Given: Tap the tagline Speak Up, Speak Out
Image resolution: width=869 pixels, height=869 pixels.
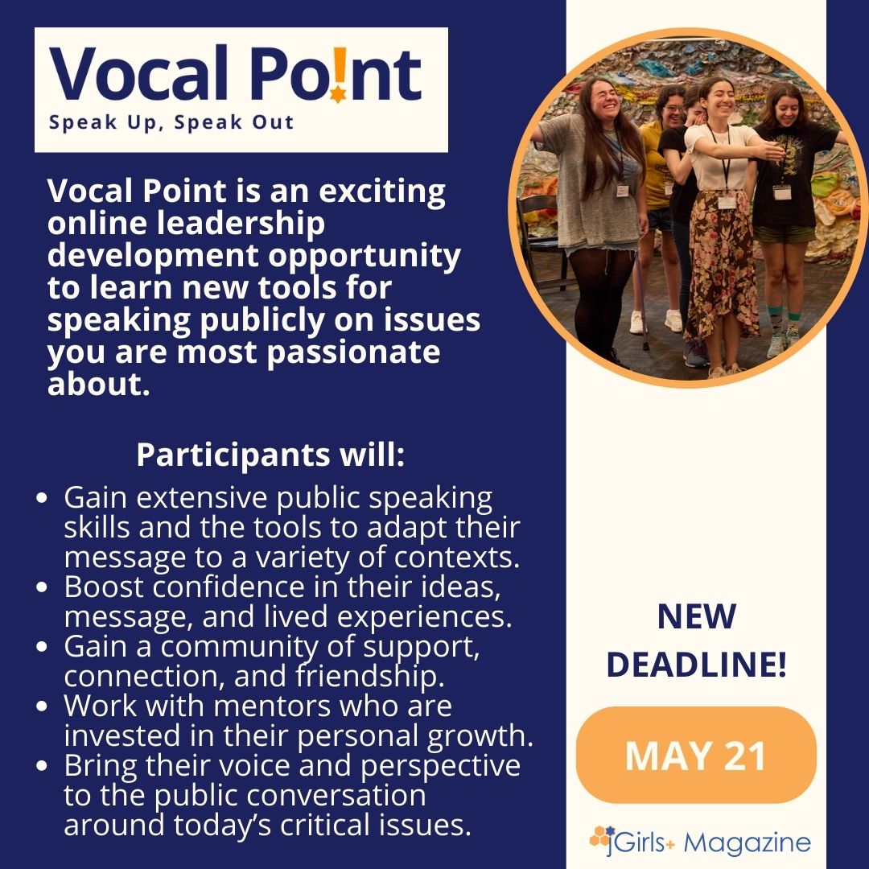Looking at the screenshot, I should (x=171, y=124).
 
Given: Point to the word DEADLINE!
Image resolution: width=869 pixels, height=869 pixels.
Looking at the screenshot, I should (x=696, y=665).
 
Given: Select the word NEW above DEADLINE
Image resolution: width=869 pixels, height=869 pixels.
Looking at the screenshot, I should (x=696, y=617).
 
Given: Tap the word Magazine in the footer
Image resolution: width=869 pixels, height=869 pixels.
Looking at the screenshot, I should (x=750, y=843).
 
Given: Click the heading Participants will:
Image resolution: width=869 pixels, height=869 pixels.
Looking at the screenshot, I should (x=270, y=455).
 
